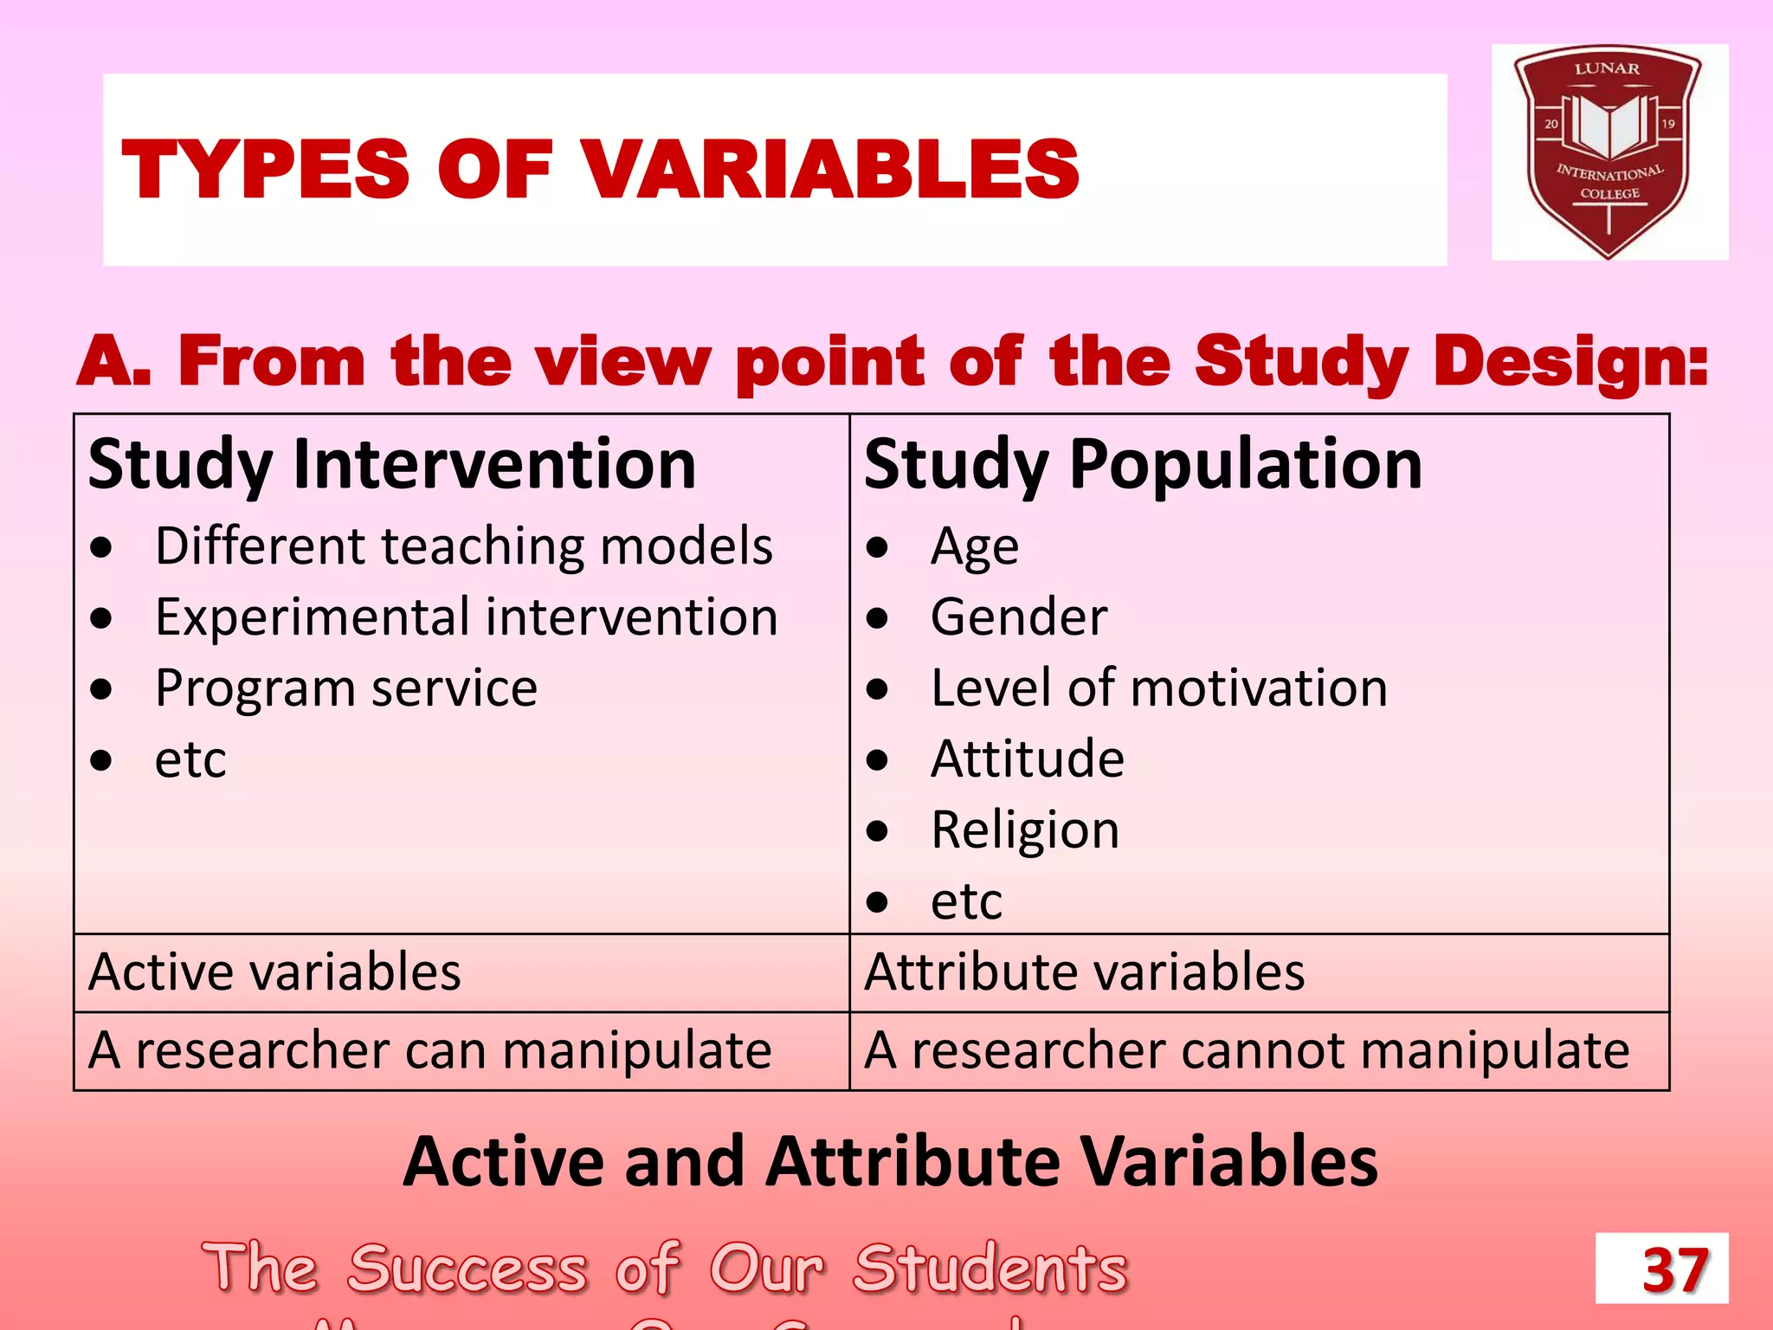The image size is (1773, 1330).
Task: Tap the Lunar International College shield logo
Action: click(1609, 152)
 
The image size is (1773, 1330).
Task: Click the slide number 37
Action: click(1674, 1270)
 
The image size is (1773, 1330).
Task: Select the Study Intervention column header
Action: click(392, 465)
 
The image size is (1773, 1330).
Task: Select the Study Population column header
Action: click(1143, 465)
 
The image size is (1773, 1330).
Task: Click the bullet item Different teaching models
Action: click(463, 546)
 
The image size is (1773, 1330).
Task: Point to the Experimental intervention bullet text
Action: click(466, 617)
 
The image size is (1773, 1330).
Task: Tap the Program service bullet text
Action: click(346, 688)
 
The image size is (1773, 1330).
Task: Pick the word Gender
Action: click(1019, 617)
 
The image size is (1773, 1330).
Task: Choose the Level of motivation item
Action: click(1158, 688)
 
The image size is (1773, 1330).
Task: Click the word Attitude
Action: click(1028, 759)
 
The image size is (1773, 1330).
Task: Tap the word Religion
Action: click(1025, 830)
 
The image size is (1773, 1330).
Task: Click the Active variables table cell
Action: click(274, 972)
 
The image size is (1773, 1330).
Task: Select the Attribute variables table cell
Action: click(1084, 972)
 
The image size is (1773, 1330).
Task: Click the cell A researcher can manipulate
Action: click(429, 1050)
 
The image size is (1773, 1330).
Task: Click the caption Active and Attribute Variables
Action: click(890, 1161)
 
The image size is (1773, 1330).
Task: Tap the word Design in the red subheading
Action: click(1569, 362)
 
